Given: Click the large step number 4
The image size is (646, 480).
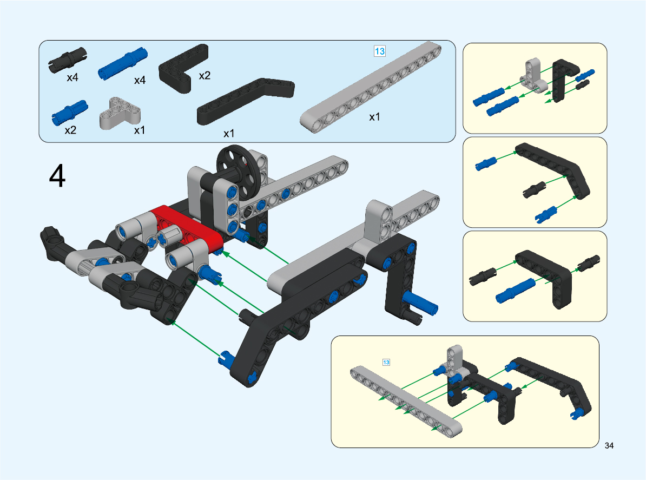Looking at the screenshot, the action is pos(57,176).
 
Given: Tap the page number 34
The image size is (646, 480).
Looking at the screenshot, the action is pos(609,445).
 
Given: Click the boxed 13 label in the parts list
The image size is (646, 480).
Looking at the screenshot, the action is pos(379,51).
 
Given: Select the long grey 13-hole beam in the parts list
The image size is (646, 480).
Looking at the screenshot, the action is pos(371,87).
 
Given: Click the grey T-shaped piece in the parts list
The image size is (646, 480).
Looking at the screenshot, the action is pos(120,113).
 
